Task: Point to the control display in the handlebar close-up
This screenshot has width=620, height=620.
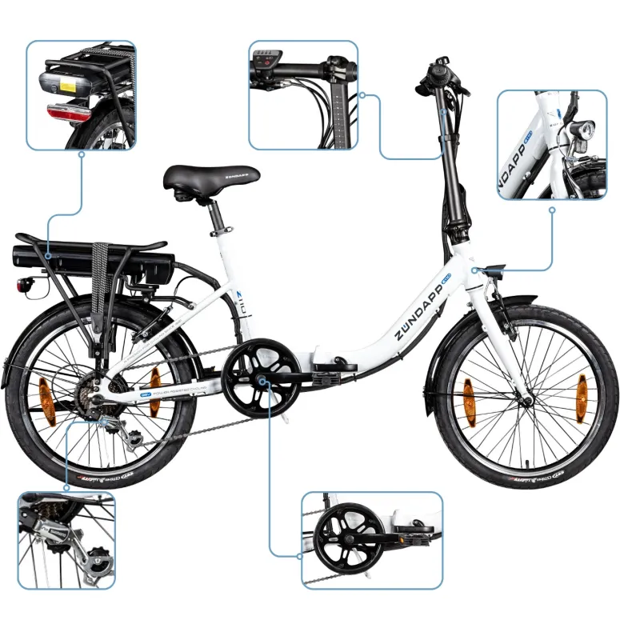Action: pos(266,63)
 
